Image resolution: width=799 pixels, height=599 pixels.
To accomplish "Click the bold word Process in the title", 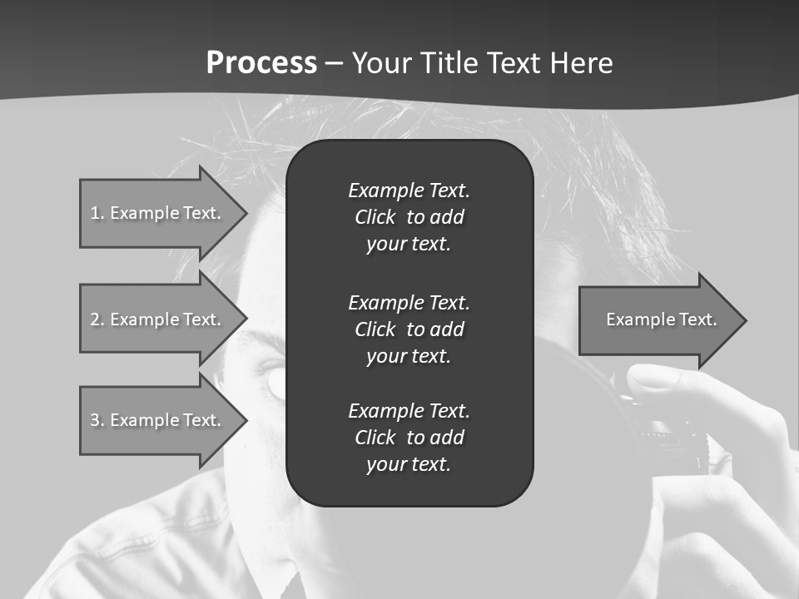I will click(261, 63).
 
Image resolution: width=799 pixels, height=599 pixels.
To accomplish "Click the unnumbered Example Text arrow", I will click(661, 320).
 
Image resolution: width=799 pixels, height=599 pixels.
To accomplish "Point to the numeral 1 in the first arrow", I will click(95, 213).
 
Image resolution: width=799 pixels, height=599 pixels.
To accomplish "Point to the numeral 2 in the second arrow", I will click(95, 319).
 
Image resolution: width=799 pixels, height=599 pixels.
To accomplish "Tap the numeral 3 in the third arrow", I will click(95, 420).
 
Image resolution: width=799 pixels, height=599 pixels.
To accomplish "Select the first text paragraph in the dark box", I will click(409, 217).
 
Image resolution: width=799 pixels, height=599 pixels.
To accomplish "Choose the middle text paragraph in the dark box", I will click(409, 329).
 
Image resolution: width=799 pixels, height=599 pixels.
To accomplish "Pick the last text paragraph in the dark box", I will click(409, 438).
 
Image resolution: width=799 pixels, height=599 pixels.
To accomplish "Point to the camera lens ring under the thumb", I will click(670, 432).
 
